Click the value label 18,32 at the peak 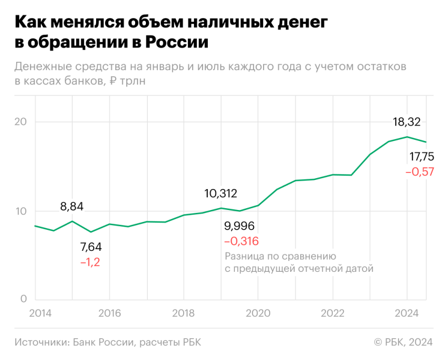407,122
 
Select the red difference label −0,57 419,172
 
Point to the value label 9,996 240,226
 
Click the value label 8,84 72,206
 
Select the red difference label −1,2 91,262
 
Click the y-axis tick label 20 22,122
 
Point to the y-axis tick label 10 22,211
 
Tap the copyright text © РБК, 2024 403,342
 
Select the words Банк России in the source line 103,342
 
